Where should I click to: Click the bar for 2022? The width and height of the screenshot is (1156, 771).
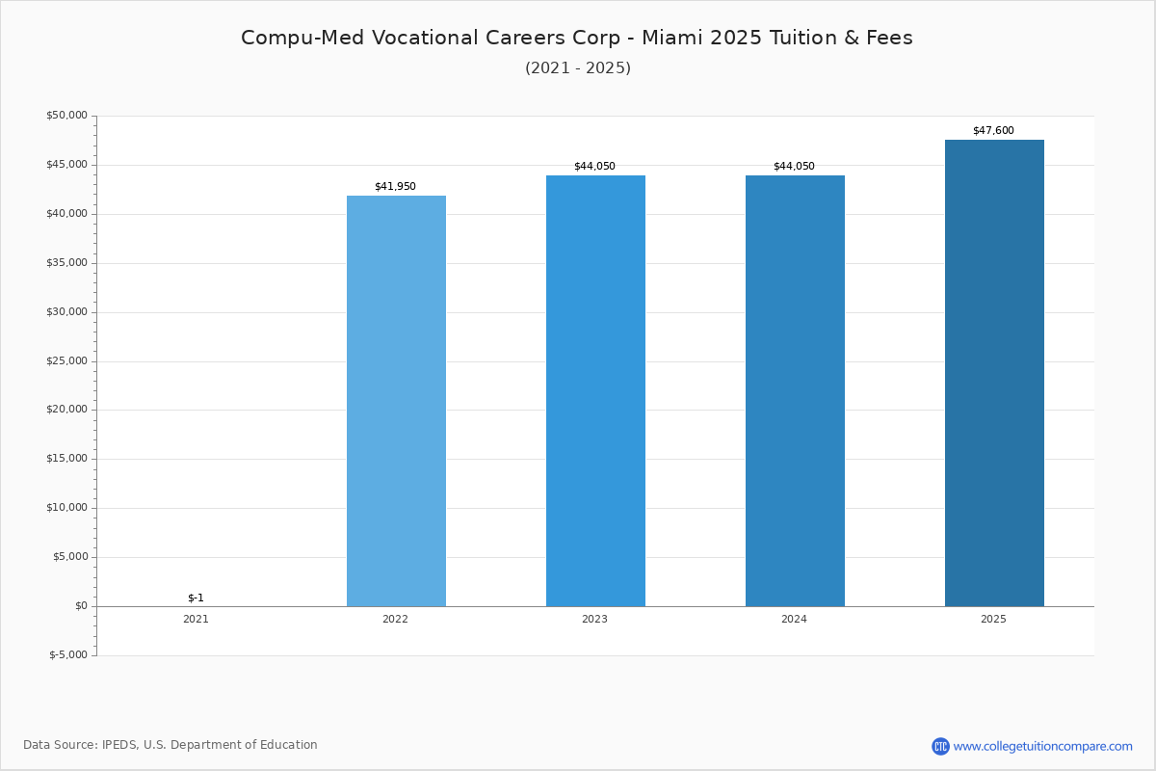coord(396,401)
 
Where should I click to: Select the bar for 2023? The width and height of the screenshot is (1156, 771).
coord(595,391)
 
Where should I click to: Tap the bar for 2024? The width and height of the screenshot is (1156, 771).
coord(795,391)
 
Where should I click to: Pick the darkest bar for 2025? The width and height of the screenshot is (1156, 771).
coord(994,373)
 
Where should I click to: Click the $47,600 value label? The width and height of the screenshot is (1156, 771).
coord(993,131)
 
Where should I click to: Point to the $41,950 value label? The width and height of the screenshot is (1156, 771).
coord(395,186)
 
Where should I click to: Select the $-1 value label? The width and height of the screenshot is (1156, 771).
coord(197,598)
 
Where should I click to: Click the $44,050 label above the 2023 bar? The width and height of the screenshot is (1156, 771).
coord(594,167)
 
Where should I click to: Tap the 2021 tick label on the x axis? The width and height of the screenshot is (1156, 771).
coord(197,619)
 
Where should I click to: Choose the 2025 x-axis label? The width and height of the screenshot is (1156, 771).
coord(993,619)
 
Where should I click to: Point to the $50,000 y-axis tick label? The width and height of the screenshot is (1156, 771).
coord(67,115)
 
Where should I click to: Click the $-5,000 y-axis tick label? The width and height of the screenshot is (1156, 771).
coord(68,655)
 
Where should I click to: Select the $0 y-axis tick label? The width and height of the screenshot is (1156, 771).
coord(82,606)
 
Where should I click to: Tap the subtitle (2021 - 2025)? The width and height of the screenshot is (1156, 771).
coord(578,68)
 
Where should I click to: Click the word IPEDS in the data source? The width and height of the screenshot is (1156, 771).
coord(119,745)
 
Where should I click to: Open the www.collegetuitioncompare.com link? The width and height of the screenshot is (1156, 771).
coord(1043,746)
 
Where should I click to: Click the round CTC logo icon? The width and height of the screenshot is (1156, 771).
coord(940,746)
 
